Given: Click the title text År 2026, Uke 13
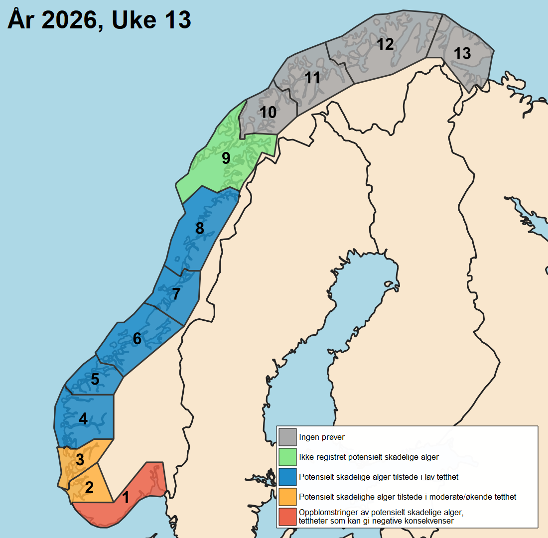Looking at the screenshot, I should (99, 20).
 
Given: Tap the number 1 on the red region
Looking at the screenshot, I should (126, 497).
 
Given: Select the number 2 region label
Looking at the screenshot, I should (89, 487).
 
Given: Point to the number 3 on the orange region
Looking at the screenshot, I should (80, 459).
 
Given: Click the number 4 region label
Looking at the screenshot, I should (83, 419).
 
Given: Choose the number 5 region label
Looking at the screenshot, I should (95, 380).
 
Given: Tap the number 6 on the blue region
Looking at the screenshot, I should (137, 339).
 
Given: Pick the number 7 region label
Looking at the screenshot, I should (175, 294).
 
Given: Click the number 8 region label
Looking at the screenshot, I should (200, 228).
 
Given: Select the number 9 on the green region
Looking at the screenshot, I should (226, 158).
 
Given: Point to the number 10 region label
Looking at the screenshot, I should (268, 112).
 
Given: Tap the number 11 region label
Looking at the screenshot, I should (312, 78).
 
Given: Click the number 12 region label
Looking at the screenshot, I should (385, 44).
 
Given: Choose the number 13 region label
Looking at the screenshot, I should (462, 53).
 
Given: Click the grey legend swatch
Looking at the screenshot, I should (287, 437).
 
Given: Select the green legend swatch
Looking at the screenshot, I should (287, 456).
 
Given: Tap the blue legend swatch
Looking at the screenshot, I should (287, 476).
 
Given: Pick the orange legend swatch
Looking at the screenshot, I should (287, 496).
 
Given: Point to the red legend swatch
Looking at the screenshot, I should (287, 517).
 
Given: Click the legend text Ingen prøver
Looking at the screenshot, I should (322, 437).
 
